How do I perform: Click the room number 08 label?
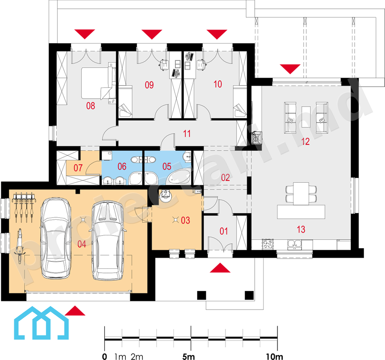90,106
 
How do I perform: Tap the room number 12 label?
305,141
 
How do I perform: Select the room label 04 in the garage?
81,244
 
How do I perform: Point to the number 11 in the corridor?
187,133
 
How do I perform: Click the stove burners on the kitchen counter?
268,244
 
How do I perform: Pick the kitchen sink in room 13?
294,244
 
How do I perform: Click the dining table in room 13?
301,193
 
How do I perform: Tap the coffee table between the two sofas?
306,117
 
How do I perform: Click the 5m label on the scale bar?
189,356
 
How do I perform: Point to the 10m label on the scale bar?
274,356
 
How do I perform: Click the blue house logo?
41,323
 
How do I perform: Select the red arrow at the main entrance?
220,268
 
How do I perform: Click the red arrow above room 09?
152,34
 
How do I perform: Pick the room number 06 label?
122,167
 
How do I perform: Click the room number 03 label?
186,220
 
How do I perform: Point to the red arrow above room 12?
290,69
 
